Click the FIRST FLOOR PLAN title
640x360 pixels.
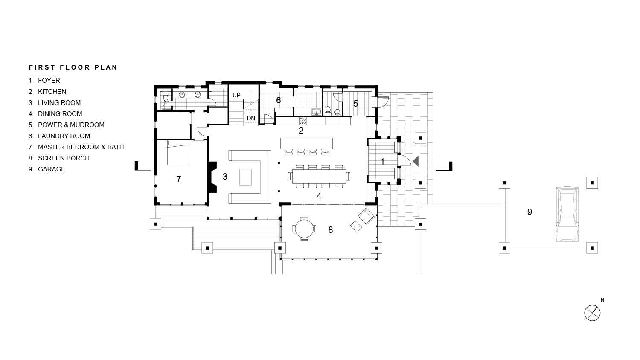[x=73, y=67]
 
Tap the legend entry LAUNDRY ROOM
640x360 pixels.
[x=64, y=136]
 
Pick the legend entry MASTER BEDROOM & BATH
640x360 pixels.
[x=81, y=147]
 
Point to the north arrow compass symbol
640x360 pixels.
[x=592, y=313]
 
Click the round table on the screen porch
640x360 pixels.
[x=304, y=229]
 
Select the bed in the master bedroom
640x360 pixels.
[x=177, y=153]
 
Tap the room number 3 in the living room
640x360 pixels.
[x=225, y=176]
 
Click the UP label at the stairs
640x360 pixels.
[x=236, y=95]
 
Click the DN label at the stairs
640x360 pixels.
[x=251, y=118]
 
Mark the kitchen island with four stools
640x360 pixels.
[x=306, y=143]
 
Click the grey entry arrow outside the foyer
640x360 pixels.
[x=416, y=161]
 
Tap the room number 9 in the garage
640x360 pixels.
[x=529, y=212]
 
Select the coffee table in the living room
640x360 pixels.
[x=245, y=177]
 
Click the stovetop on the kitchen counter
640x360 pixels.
[x=303, y=121]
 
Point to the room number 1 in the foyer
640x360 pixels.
[x=382, y=162]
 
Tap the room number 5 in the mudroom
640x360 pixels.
[x=355, y=103]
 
